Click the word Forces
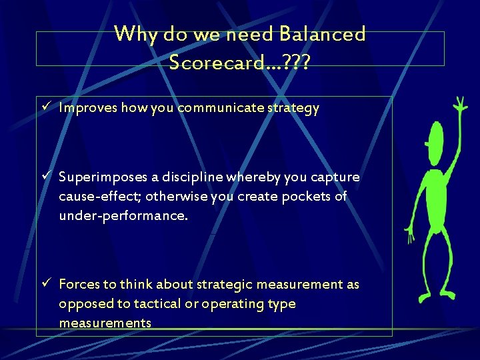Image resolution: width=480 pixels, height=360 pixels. pyautogui.click(x=79, y=285)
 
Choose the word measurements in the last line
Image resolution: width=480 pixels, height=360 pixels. pyautogui.click(x=105, y=323)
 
